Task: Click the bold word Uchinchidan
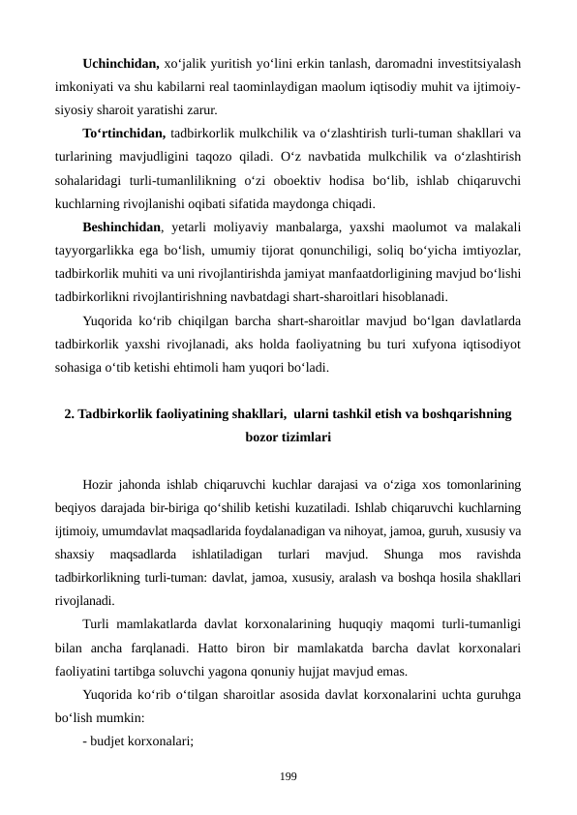[x=121, y=64]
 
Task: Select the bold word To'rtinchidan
[x=125, y=134]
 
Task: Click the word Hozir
[x=101, y=484]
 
